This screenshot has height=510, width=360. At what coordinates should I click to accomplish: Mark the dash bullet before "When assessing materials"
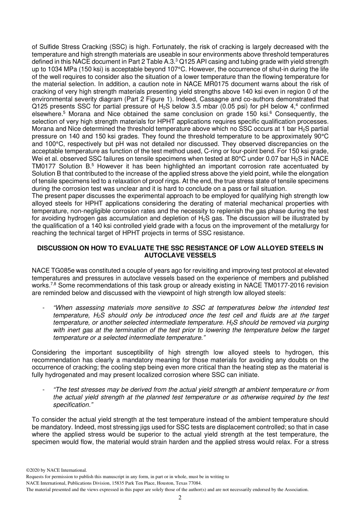44,308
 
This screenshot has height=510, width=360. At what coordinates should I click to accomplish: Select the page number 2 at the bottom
180,497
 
